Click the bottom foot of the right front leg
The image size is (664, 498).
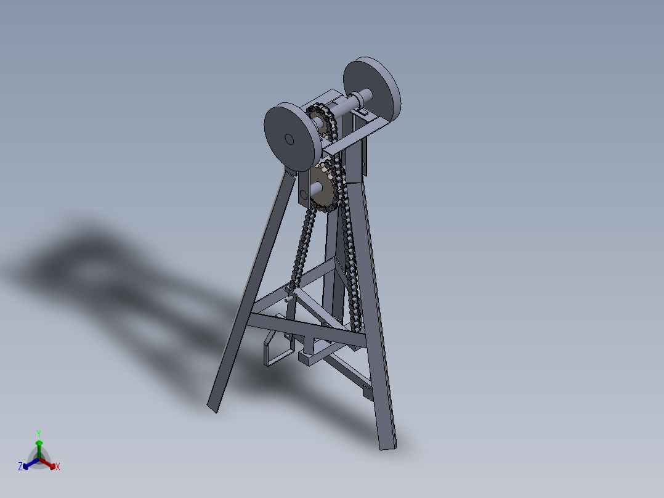(387, 443)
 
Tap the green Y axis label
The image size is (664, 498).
(38, 433)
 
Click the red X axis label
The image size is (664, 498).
(58, 467)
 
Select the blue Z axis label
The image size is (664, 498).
(20, 467)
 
